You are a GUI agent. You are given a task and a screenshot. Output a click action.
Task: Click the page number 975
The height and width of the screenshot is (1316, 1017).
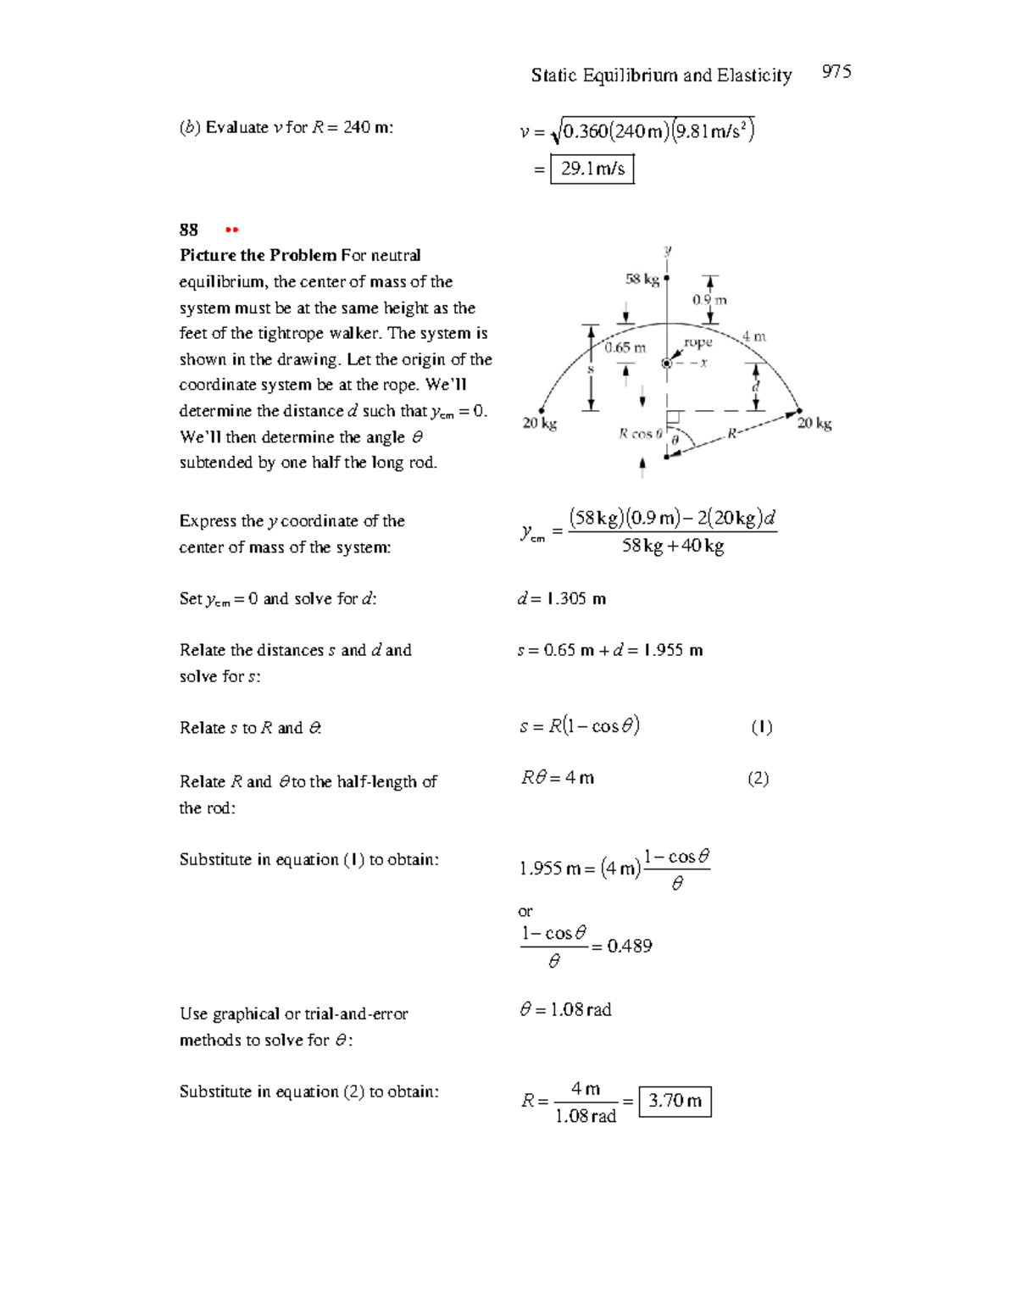tap(836, 72)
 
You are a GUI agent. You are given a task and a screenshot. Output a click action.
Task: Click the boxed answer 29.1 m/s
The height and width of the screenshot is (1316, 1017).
tap(592, 169)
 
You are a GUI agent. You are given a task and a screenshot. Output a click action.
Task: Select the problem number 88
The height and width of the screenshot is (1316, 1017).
tap(188, 230)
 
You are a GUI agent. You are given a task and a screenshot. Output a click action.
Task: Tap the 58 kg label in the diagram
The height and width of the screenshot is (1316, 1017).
tap(642, 279)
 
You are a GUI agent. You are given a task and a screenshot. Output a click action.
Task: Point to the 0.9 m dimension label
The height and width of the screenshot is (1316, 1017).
tap(709, 300)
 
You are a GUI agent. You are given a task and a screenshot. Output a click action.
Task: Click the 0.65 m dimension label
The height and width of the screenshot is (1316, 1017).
tap(625, 347)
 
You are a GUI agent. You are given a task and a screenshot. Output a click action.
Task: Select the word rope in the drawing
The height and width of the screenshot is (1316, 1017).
tap(697, 342)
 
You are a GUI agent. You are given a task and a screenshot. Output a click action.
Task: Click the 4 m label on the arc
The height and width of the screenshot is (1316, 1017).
tap(753, 336)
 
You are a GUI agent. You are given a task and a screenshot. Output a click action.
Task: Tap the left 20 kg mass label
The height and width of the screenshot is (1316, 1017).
tap(539, 423)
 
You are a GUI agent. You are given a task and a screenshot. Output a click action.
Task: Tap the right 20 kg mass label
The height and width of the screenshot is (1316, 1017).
tap(814, 423)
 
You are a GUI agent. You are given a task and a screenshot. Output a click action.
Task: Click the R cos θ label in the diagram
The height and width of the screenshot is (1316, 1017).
tap(640, 434)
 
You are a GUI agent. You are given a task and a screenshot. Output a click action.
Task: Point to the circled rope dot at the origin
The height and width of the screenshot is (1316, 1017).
tap(667, 363)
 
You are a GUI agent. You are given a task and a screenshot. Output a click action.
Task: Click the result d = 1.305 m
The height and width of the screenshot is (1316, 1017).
tap(562, 599)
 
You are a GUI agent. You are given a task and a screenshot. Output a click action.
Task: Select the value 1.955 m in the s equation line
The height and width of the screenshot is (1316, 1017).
tap(673, 651)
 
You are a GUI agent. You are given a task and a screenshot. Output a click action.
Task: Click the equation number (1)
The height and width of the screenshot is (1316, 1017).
tap(761, 727)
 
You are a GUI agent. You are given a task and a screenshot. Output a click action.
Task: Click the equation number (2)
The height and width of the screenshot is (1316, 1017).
tap(758, 779)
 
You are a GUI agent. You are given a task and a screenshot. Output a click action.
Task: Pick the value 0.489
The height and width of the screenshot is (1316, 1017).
tap(630, 946)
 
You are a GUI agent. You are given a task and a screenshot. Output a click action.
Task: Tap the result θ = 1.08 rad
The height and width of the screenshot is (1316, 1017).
tap(565, 1009)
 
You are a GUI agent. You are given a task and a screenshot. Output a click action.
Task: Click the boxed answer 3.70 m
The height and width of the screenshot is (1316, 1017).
tap(675, 1101)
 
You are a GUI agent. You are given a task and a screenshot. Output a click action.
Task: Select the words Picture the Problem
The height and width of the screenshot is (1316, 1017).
tap(258, 255)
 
